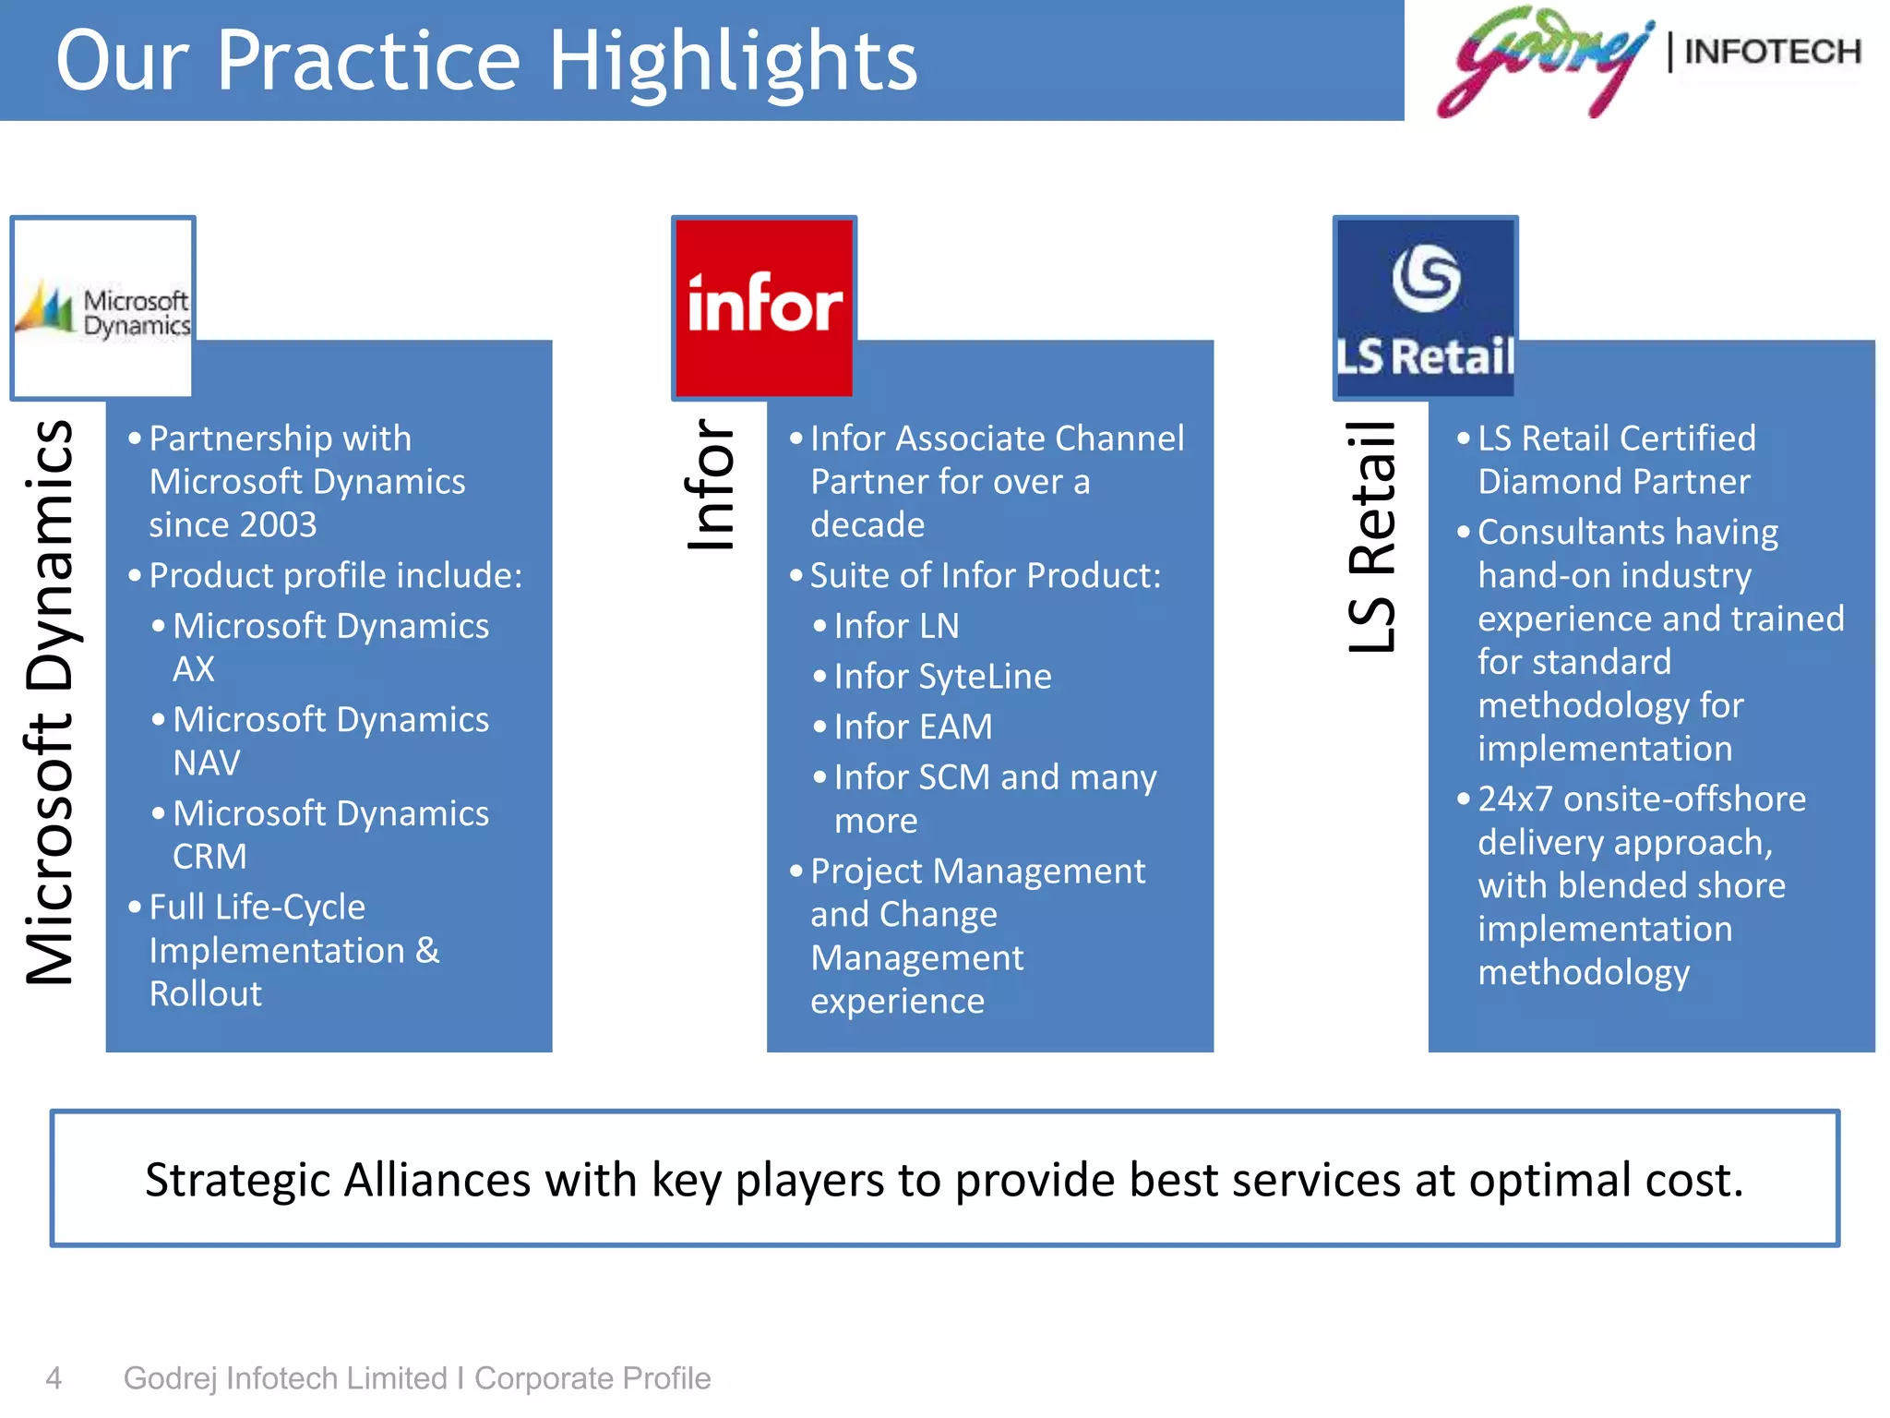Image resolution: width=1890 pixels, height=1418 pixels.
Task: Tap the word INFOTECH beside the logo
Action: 1772,52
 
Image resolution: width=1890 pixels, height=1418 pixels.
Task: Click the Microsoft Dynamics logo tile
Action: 102,308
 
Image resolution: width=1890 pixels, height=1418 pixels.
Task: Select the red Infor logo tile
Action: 764,308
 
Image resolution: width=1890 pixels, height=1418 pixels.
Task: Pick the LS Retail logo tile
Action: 1425,308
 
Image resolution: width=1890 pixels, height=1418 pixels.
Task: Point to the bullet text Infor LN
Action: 896,626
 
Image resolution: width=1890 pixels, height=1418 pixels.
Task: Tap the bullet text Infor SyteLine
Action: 942,677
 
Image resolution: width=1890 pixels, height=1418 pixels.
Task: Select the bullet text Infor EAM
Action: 913,727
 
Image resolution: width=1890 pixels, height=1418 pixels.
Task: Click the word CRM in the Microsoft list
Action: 209,857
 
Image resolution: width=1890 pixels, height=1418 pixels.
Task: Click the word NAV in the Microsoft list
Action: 207,763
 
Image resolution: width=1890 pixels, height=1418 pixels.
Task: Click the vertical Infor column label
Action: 711,485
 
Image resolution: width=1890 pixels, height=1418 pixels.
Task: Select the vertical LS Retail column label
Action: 1372,537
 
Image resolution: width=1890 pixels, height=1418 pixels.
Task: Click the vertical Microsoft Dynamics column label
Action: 50,702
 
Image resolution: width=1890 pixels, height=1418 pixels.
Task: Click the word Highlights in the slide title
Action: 733,61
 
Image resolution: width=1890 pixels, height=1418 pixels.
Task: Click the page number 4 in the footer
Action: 54,1378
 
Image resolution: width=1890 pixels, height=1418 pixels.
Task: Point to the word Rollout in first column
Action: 205,994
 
